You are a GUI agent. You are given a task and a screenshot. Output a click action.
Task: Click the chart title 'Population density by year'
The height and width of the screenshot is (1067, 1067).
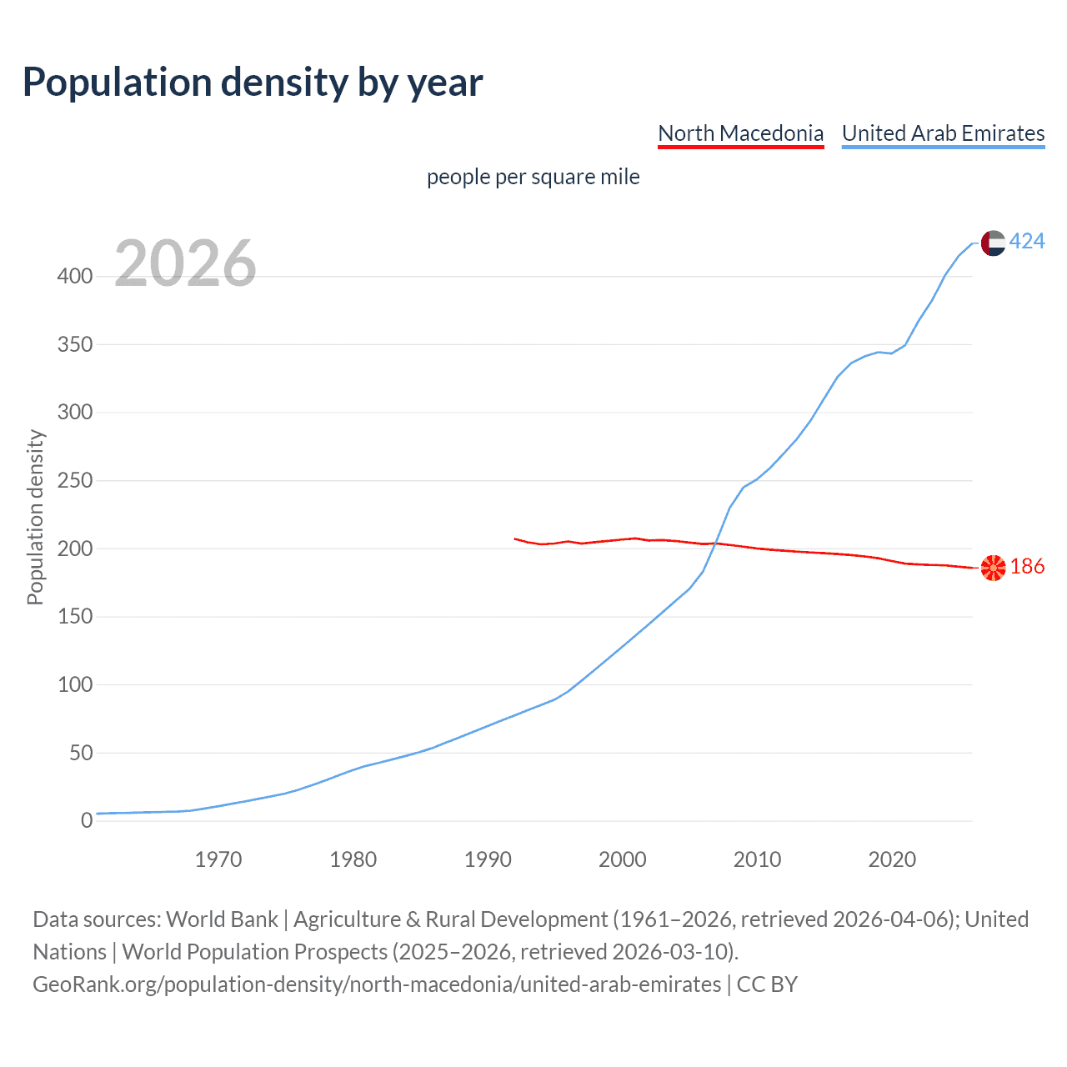pos(253,83)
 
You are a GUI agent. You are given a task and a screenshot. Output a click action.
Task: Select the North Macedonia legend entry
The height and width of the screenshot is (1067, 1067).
pos(740,133)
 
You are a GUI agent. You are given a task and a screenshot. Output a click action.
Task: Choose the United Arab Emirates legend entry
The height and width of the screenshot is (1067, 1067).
pos(943,133)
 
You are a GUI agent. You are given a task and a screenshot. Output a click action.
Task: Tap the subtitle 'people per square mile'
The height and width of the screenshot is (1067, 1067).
pos(533,177)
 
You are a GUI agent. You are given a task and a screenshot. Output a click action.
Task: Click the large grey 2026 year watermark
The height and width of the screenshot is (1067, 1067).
pos(185,263)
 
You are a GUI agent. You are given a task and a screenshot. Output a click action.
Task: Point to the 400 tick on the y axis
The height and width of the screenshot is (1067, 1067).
pos(75,276)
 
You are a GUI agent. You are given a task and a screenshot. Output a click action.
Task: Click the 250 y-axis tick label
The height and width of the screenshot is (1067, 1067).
pos(75,480)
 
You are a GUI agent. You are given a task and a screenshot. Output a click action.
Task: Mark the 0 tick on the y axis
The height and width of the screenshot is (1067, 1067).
pos(87,820)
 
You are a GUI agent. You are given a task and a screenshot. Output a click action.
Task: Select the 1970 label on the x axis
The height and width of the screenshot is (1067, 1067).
pos(218,859)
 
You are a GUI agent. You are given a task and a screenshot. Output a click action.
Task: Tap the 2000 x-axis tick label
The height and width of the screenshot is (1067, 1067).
pos(623,859)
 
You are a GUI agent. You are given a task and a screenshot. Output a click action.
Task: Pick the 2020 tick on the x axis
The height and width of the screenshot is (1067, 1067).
pos(892,859)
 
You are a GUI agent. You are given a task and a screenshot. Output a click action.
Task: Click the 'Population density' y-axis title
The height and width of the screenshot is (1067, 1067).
pos(35,517)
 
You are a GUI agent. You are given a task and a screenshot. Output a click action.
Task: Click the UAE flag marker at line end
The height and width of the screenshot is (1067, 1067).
pos(993,243)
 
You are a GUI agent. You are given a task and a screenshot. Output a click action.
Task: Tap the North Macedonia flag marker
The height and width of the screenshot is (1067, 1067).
pos(993,568)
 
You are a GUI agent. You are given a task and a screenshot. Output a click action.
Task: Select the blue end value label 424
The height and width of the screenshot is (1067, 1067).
pos(1027,242)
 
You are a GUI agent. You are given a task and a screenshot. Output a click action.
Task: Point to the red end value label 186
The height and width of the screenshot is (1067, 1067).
pos(1027,567)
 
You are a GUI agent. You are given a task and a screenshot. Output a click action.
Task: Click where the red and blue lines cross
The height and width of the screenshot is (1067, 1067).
pos(715,544)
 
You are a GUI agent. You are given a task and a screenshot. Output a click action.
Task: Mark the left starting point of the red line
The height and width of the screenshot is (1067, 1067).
pos(515,539)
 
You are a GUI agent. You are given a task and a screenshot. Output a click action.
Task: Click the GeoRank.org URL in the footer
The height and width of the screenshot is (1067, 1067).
pos(377,984)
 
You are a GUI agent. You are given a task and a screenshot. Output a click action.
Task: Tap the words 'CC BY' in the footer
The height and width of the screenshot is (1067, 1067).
pos(767,984)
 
